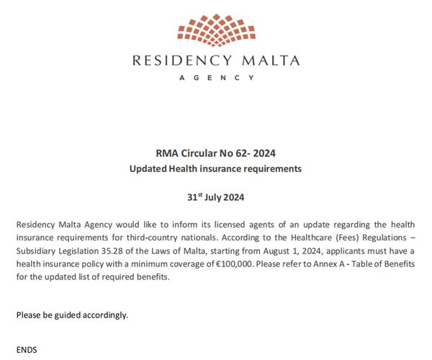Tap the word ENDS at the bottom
pyautogui.click(x=27, y=350)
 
